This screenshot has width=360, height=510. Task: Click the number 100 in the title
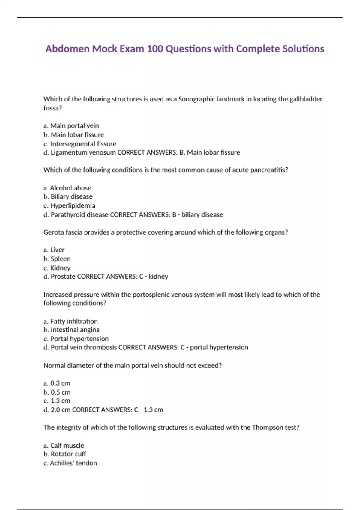click(155, 49)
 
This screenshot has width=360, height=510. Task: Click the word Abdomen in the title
click(67, 49)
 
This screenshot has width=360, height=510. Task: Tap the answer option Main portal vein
click(74, 126)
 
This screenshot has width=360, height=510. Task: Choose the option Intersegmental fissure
click(83, 144)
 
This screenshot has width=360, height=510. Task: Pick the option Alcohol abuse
click(70, 188)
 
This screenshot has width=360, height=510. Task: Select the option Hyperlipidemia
click(73, 206)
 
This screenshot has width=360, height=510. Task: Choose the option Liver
click(57, 250)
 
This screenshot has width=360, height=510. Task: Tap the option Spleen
click(61, 259)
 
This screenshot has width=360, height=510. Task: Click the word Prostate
click(63, 277)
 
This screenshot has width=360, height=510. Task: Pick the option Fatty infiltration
click(74, 321)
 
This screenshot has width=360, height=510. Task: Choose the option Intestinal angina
click(75, 330)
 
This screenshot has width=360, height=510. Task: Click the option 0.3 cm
click(60, 383)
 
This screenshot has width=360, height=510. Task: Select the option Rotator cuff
click(68, 454)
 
